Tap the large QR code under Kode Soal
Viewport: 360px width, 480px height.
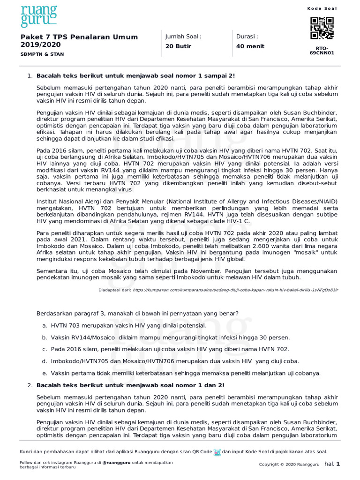coord(322,28)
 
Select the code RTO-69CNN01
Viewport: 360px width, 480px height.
coord(322,51)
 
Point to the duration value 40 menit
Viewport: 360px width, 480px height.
coord(250,46)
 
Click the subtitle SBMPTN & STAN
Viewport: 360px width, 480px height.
coord(40,54)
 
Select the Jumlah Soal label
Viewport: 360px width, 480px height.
coord(183,37)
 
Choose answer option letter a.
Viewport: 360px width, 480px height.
coord(44,325)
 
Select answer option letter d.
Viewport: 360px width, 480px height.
coord(44,361)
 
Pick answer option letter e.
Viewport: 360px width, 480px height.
coord(44,374)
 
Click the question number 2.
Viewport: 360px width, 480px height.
coord(30,385)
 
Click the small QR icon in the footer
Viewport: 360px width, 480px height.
coord(217,452)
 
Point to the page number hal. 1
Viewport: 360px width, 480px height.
coord(332,464)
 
